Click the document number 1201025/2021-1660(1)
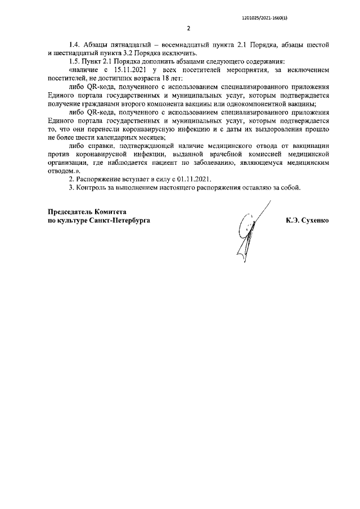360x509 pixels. [264, 17]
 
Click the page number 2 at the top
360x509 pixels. [188, 28]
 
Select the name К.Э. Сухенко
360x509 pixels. [307, 221]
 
